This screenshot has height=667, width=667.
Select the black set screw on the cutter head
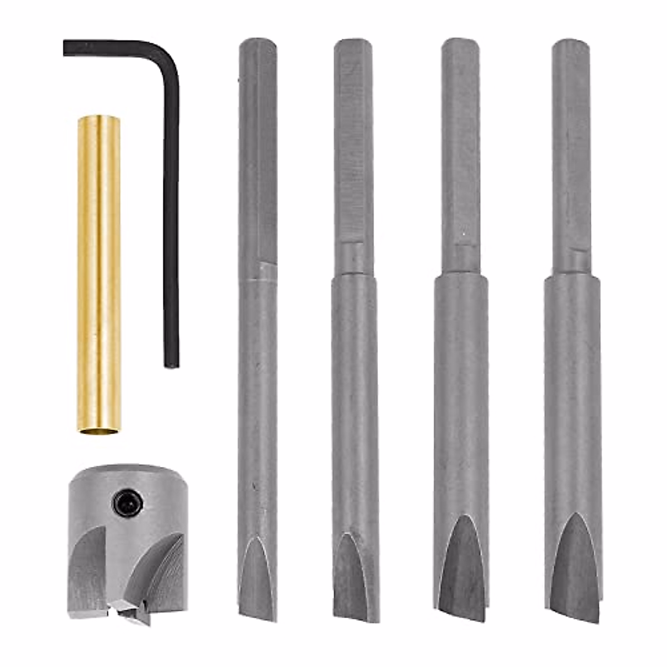click(128, 504)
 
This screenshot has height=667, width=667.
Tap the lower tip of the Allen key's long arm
click(171, 364)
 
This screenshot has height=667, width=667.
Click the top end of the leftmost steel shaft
click(258, 42)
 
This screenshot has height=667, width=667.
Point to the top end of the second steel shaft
click(354, 43)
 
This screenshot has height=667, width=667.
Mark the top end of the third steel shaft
click(461, 42)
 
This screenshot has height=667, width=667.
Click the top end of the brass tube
click(99, 118)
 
